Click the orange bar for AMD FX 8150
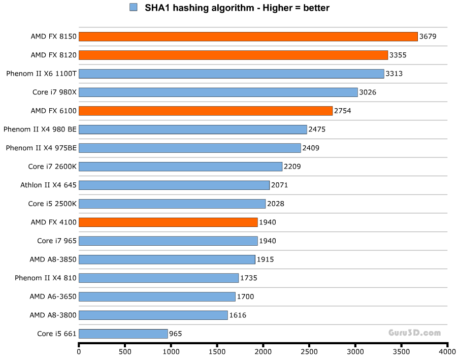[x=248, y=37]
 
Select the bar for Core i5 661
[x=123, y=334]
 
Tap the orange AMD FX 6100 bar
[x=206, y=111]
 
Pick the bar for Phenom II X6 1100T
[x=232, y=74]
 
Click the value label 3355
[x=399, y=55]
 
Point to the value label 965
[x=175, y=334]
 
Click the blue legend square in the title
[x=134, y=7]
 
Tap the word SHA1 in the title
[x=156, y=8]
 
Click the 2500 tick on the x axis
[x=309, y=351]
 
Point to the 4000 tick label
[x=447, y=351]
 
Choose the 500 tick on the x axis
[x=125, y=351]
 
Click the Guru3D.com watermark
[x=415, y=333]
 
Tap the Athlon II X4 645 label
[x=48, y=185]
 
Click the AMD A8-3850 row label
[x=53, y=259]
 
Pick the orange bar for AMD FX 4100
[x=168, y=222]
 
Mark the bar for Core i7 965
[x=168, y=241]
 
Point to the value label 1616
[x=238, y=315]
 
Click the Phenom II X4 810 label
[x=45, y=278]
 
